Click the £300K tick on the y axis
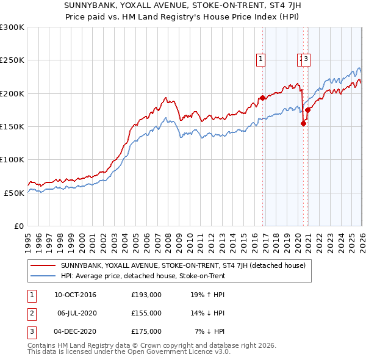click(12, 27)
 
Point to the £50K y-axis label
click(14, 192)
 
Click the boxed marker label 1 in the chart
click(260, 59)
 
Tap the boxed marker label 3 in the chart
click(306, 59)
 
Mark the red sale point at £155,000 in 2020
click(303, 123)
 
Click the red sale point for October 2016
click(262, 98)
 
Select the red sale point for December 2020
click(308, 110)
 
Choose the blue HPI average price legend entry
click(143, 276)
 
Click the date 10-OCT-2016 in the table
click(75, 295)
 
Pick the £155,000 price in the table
click(146, 313)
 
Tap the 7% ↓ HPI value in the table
click(210, 331)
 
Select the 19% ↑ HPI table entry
click(207, 295)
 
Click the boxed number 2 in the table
click(32, 313)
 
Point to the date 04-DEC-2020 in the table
click(75, 331)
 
